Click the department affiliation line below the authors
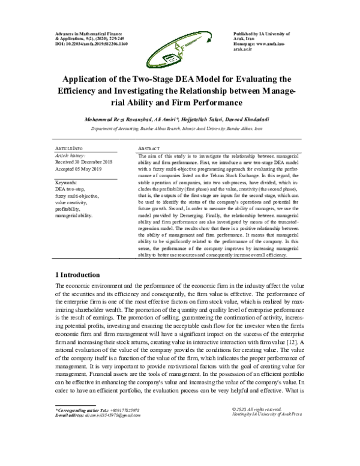[x=180, y=129]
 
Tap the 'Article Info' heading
[x=70, y=148]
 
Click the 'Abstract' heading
[x=148, y=148]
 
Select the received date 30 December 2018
[x=84, y=162]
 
